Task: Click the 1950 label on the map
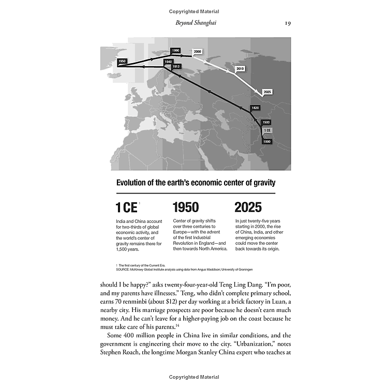(x=122, y=61)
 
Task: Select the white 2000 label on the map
(x=197, y=52)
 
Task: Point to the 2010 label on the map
(x=240, y=68)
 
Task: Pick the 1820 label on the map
(x=255, y=108)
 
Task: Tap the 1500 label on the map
(x=266, y=122)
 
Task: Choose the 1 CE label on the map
(x=267, y=130)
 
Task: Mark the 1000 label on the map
(x=267, y=141)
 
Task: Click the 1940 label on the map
(x=168, y=62)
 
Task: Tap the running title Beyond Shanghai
(x=194, y=23)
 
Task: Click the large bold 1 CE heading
(x=126, y=208)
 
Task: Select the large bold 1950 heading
(x=185, y=208)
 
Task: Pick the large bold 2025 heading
(x=248, y=208)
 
